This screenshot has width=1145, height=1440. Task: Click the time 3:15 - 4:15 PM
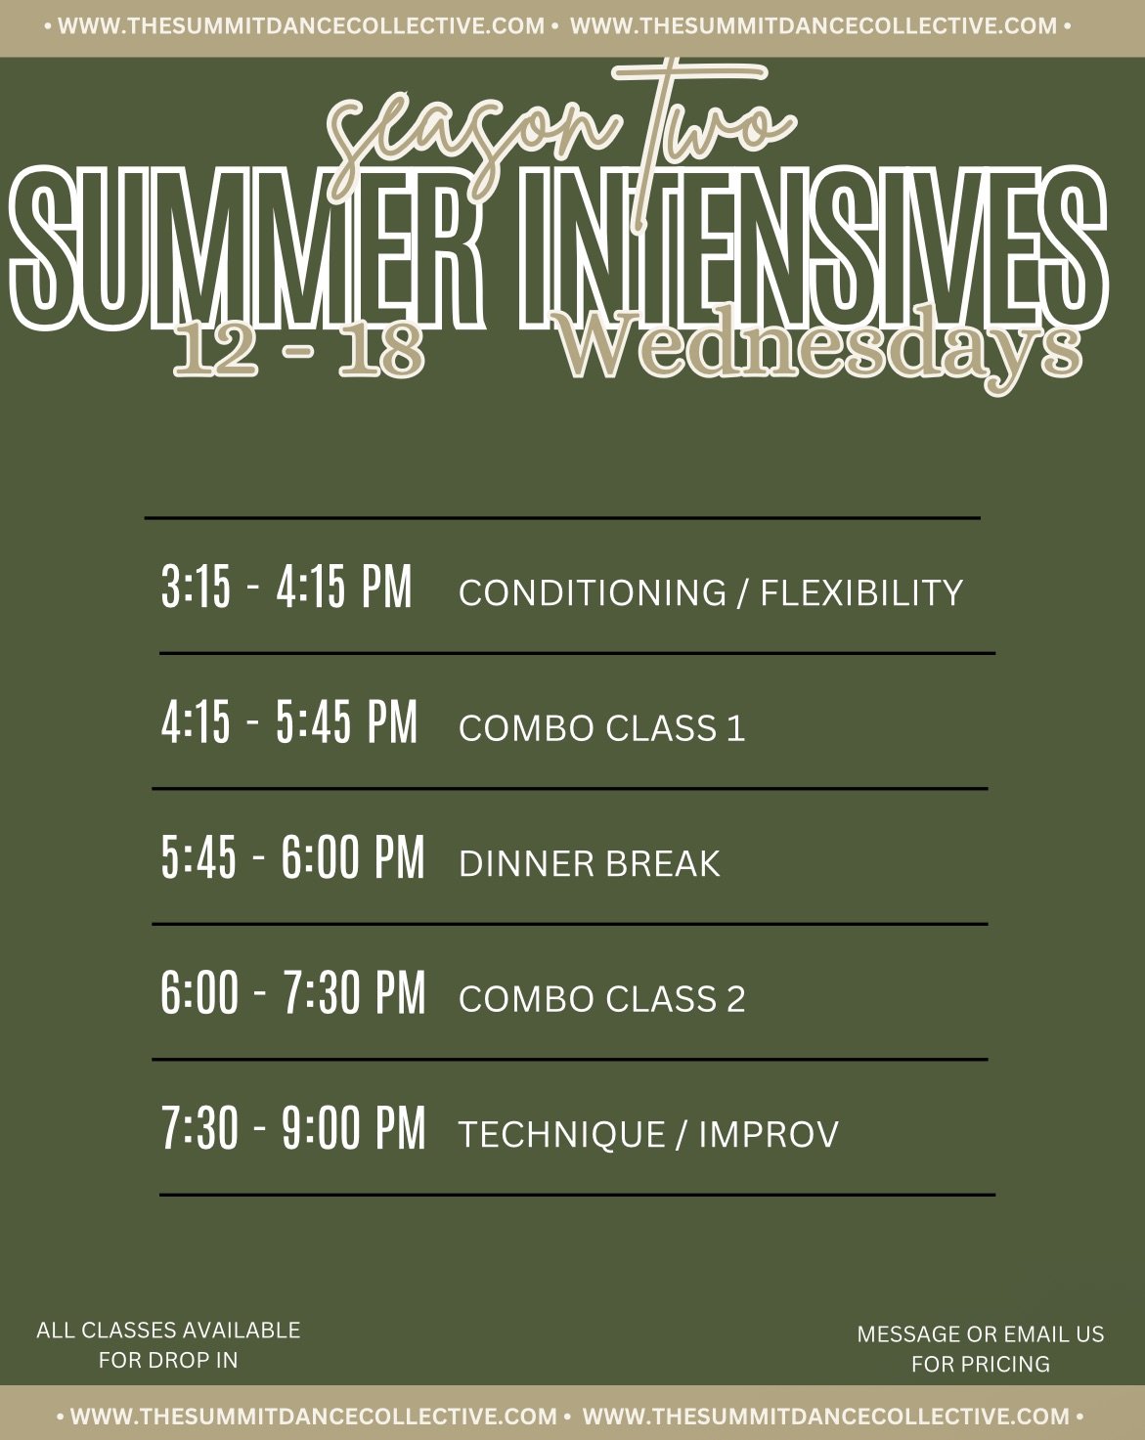tap(286, 587)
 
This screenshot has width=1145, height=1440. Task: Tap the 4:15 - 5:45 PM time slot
tap(289, 722)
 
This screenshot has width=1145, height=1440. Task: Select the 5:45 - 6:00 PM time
tap(292, 857)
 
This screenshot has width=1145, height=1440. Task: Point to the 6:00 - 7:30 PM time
tap(292, 992)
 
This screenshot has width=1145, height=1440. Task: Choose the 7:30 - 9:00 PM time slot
tap(293, 1127)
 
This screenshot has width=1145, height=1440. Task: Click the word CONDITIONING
tap(593, 592)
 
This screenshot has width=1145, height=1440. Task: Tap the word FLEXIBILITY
tap(861, 592)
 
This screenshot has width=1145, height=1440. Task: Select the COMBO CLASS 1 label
tap(601, 728)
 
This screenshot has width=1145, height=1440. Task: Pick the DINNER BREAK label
tap(589, 863)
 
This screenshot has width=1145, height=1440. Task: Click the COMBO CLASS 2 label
tap(601, 998)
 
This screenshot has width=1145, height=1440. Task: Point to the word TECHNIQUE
tap(562, 1134)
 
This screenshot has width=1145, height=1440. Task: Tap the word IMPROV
tap(769, 1134)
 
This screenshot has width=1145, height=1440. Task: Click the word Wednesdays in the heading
tap(823, 348)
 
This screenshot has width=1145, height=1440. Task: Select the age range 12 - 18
tap(299, 349)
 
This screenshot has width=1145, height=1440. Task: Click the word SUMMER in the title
tap(245, 249)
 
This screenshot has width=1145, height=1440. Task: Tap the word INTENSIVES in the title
tap(814, 249)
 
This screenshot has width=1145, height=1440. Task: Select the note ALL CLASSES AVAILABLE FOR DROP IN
tap(168, 1344)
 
